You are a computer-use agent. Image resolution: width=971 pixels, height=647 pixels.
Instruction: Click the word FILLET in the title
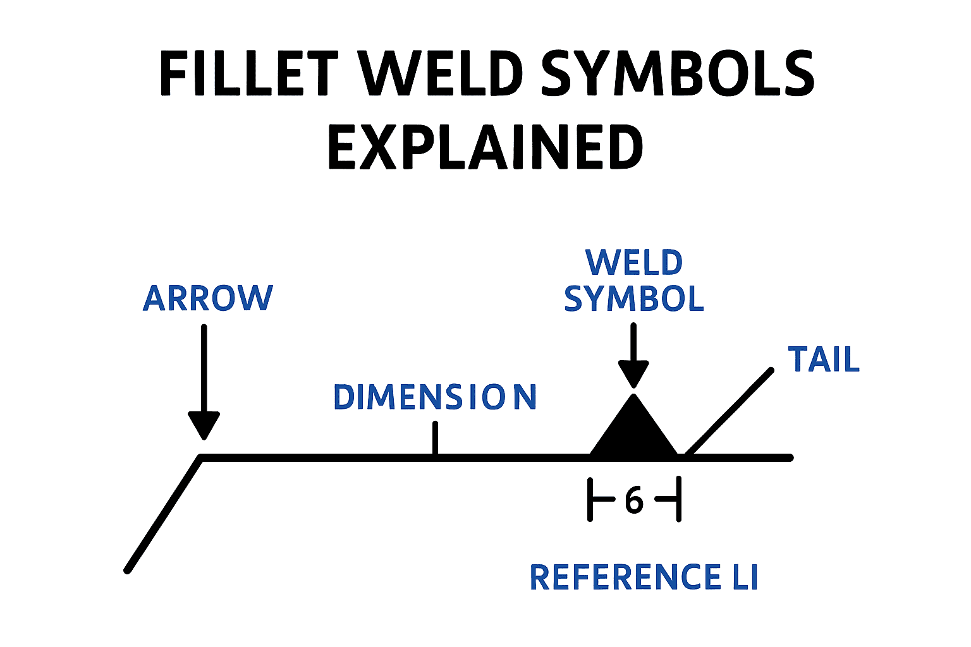[248, 73]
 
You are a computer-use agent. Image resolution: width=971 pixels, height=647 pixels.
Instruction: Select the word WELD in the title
[441, 73]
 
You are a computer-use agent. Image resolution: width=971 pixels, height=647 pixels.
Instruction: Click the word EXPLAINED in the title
[485, 147]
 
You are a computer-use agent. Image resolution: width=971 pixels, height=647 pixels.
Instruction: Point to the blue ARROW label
[208, 298]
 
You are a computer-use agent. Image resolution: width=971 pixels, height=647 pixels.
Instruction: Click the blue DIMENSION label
[435, 397]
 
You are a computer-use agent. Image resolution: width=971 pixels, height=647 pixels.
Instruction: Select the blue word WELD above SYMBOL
[634, 262]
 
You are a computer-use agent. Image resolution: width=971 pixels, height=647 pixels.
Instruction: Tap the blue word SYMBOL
[634, 299]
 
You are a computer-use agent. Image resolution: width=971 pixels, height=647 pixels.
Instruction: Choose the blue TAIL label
[824, 360]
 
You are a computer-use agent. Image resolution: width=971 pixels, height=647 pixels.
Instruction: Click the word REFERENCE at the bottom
[625, 577]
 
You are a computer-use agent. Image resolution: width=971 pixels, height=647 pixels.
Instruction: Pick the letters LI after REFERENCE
[745, 577]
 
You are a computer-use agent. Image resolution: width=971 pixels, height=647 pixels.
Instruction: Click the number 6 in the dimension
[634, 500]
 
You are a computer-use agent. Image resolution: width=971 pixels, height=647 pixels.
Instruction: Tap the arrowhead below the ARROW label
[204, 425]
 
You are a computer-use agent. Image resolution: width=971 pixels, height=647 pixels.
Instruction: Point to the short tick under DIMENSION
[435, 438]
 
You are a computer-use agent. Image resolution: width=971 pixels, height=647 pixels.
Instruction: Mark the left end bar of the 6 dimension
[590, 500]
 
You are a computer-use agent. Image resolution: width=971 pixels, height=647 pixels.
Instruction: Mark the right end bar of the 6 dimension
[678, 500]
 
